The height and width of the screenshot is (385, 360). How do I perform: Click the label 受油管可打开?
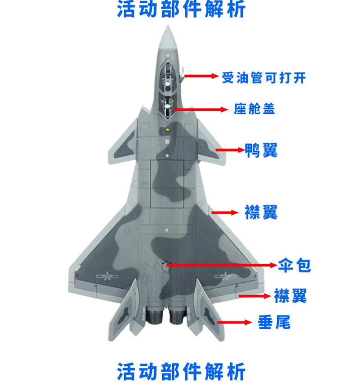264,77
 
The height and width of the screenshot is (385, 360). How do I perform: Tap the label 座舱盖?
254,109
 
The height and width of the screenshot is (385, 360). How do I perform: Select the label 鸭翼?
261,150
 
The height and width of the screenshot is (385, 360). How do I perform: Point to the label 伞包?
294,265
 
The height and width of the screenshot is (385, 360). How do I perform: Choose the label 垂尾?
274,322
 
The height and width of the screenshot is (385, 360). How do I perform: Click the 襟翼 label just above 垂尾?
290,296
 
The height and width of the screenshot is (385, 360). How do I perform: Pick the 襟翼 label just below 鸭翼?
261,212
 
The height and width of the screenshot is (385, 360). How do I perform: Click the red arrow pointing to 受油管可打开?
201,76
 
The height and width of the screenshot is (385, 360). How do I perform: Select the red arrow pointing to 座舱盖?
201,109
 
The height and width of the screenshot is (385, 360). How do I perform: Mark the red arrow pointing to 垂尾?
235,322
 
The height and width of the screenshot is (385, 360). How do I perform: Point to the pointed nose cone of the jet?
168,37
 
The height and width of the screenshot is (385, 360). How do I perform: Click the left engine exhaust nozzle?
155,316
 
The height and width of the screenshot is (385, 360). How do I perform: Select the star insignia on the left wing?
107,276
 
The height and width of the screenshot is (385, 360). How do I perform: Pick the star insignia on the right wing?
225,276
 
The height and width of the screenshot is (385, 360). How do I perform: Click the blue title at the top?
181,9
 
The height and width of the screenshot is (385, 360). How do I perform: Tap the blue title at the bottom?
181,371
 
